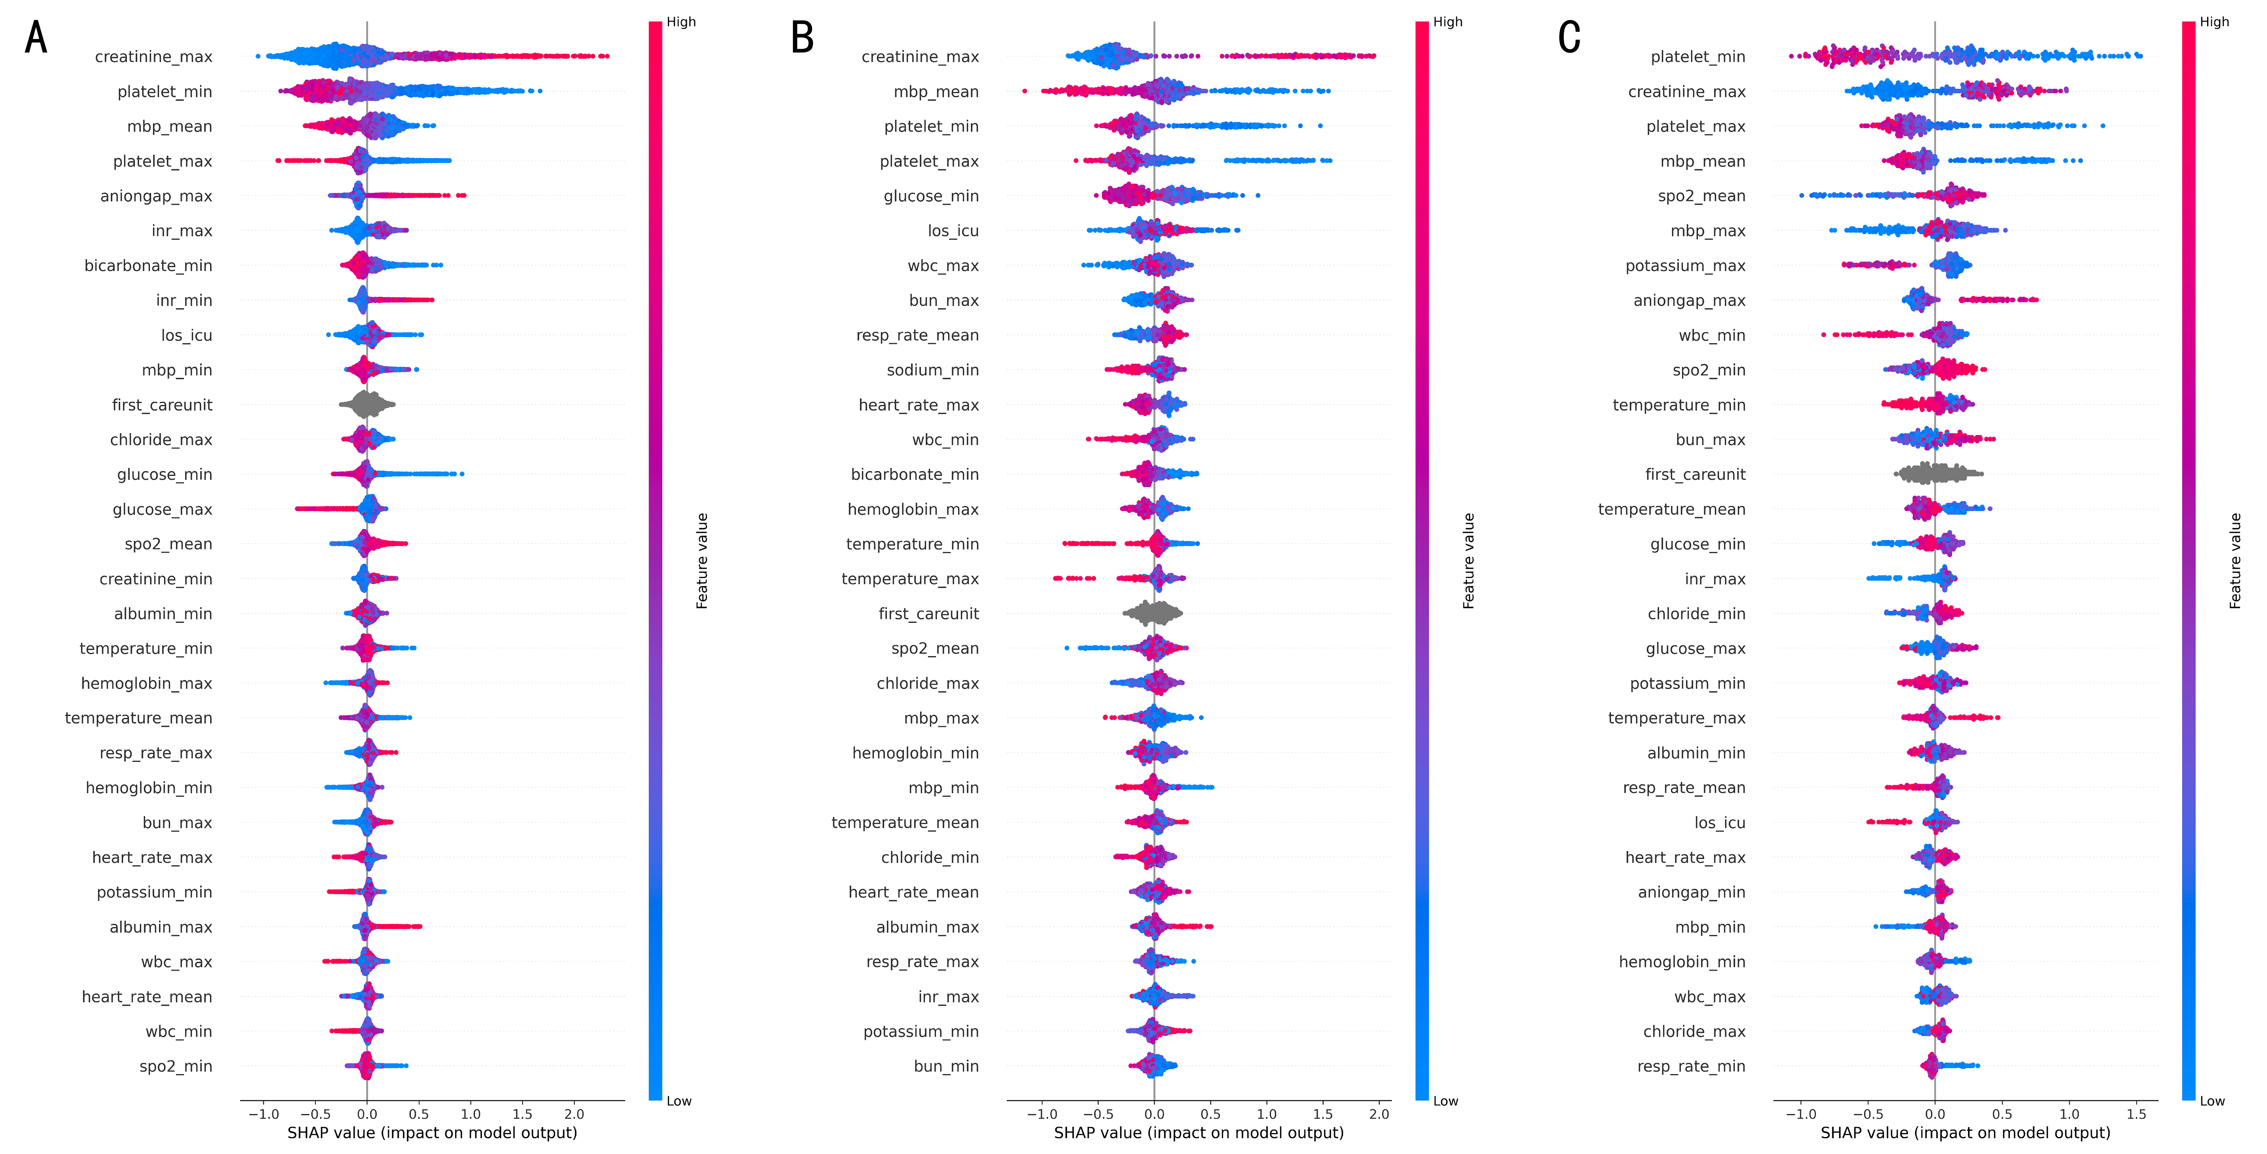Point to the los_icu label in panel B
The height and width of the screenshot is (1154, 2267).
pyautogui.click(x=953, y=231)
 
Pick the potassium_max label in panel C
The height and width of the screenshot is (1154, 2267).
pyautogui.click(x=1685, y=266)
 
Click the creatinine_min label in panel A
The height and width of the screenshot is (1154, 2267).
pyautogui.click(x=156, y=579)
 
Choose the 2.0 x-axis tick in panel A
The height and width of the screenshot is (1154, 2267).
pyautogui.click(x=574, y=1114)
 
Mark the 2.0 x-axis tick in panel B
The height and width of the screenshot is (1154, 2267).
pyautogui.click(x=1379, y=1114)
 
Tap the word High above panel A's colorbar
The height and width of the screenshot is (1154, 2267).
pyautogui.click(x=681, y=22)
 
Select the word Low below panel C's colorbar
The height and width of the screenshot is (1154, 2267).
pyautogui.click(x=2212, y=1101)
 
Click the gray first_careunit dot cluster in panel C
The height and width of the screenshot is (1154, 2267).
pyautogui.click(x=1936, y=474)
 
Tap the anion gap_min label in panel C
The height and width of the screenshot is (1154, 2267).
pyautogui.click(x=1691, y=893)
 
